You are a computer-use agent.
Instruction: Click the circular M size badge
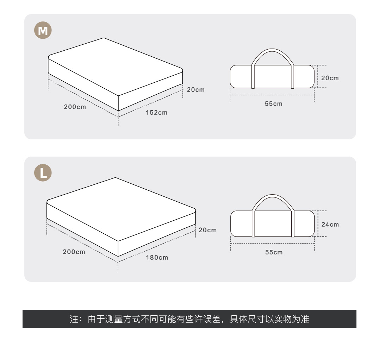(x=43, y=30)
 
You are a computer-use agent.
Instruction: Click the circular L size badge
(x=43, y=173)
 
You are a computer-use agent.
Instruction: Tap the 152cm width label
(x=157, y=113)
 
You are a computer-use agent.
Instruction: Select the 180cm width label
(x=157, y=258)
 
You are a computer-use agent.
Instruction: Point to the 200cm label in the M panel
(x=75, y=107)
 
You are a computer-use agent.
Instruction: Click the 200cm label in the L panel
(x=74, y=252)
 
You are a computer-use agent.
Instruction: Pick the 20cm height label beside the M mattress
(x=195, y=90)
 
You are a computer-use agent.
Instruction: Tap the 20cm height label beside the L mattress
(x=207, y=230)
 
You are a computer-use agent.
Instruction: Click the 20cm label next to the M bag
(x=330, y=78)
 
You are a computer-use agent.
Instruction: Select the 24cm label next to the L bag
(x=330, y=224)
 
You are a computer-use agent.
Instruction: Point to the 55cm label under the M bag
(x=274, y=104)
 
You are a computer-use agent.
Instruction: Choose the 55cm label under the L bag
(x=274, y=252)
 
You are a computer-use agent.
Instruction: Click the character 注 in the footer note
(x=74, y=319)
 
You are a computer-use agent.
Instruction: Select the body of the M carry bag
(x=272, y=77)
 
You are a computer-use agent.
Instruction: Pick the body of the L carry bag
(x=273, y=224)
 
